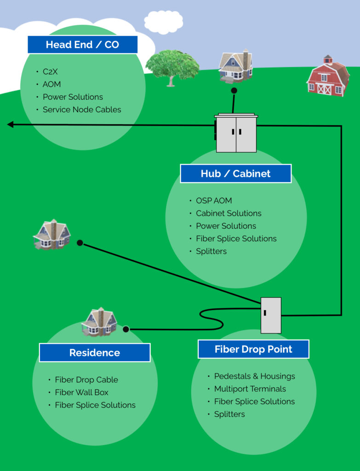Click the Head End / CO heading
point(82,45)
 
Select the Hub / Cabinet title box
point(235,173)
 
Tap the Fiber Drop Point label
point(253,349)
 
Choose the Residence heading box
point(95,353)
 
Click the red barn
point(327,76)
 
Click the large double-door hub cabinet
point(236,133)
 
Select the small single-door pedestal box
point(271,315)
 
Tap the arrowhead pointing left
point(11,124)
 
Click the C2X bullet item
point(50,72)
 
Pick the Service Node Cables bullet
point(82,109)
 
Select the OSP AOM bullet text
point(214,201)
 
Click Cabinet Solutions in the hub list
point(229,213)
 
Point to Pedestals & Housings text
point(254,376)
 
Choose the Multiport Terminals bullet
point(250,389)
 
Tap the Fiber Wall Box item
point(81,392)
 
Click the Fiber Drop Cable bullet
point(86,380)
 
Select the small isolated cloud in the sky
point(163,22)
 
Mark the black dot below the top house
point(234,91)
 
